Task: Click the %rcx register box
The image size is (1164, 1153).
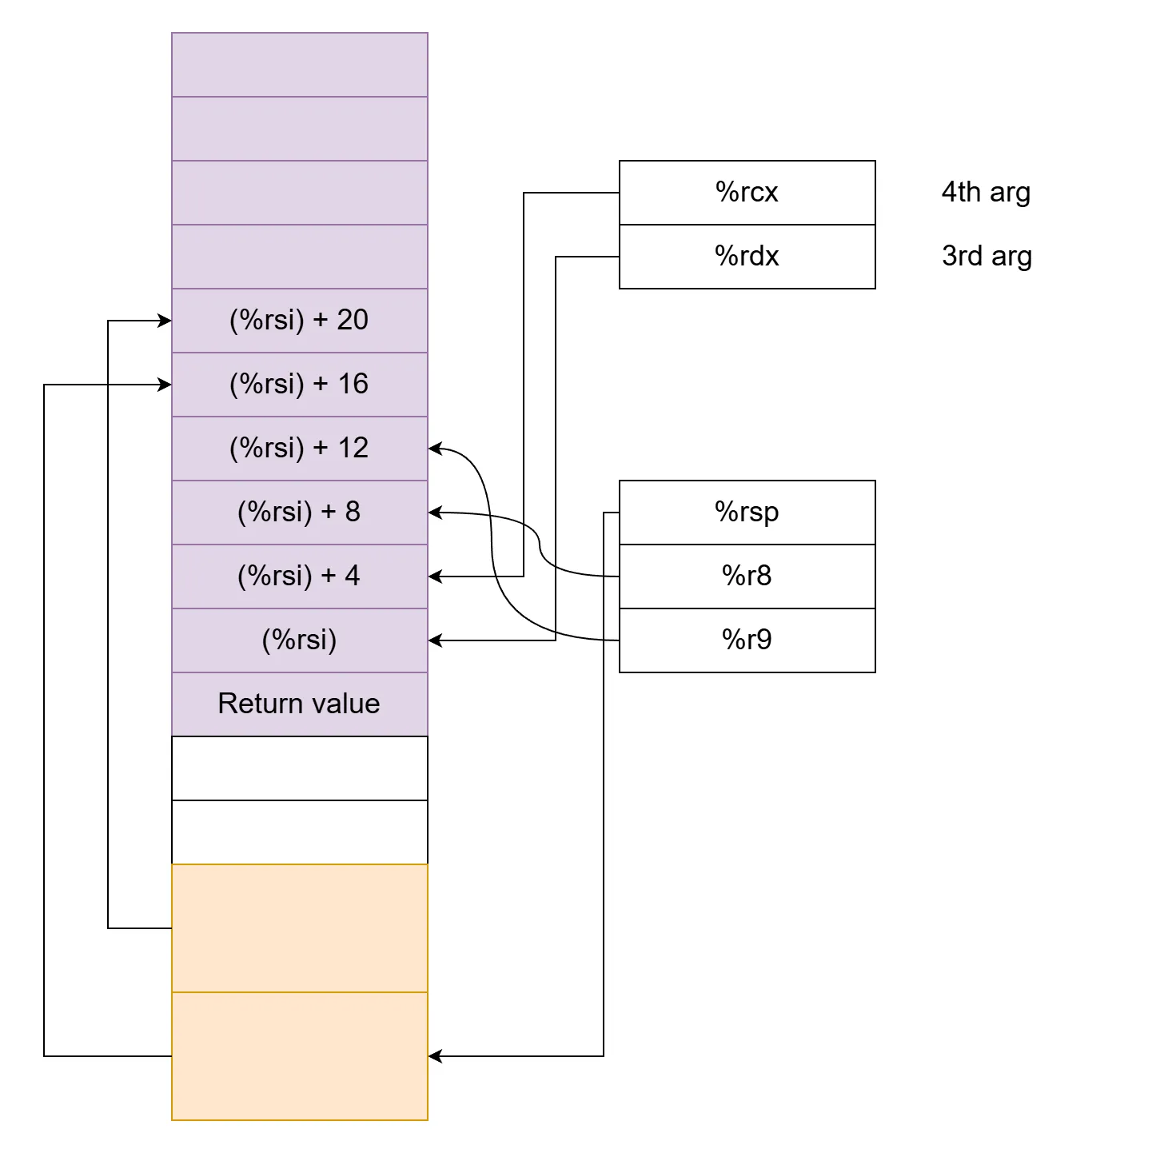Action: click(x=747, y=193)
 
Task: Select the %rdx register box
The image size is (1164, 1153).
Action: click(x=747, y=257)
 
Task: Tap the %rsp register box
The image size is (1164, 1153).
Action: click(x=747, y=513)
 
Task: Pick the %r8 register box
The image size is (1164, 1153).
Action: click(x=747, y=576)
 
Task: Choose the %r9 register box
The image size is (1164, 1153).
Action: click(x=747, y=640)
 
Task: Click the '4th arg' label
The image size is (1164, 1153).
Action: click(x=986, y=193)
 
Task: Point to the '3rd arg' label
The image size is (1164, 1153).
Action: click(x=987, y=257)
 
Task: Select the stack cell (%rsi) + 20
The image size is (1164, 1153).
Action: click(x=299, y=321)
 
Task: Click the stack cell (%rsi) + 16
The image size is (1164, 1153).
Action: click(x=299, y=385)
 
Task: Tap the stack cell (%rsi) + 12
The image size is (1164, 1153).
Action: click(x=299, y=449)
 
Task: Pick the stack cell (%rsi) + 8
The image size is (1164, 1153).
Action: click(x=299, y=513)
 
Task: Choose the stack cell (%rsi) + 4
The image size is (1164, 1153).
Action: click(x=299, y=576)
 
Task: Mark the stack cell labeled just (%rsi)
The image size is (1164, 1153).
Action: click(x=299, y=640)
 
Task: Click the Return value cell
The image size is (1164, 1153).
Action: click(x=299, y=704)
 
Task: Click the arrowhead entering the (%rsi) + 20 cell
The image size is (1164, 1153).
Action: click(x=165, y=321)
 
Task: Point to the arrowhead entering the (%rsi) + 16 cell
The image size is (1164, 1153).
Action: click(x=165, y=385)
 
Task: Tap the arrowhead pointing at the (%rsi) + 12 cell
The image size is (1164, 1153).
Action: click(x=435, y=449)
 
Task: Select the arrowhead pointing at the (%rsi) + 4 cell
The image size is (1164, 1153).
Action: click(x=435, y=576)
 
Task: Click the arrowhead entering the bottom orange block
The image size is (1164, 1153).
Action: click(x=435, y=1056)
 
